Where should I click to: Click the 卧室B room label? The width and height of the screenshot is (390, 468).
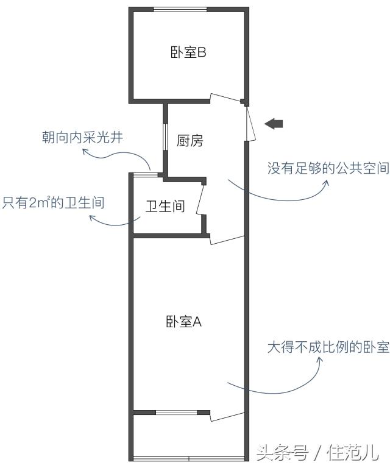(x=188, y=52)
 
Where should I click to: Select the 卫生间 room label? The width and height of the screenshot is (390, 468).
(x=165, y=206)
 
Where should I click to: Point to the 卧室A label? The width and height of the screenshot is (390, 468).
(x=183, y=322)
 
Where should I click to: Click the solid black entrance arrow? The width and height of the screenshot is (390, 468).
(x=274, y=124)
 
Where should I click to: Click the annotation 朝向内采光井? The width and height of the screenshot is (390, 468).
(x=82, y=138)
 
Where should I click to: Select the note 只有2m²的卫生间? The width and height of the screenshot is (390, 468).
(x=53, y=202)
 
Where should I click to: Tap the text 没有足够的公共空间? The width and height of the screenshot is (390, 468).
(x=328, y=168)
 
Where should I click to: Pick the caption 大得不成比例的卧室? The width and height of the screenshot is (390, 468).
(x=328, y=348)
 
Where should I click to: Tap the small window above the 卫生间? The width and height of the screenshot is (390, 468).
(x=142, y=175)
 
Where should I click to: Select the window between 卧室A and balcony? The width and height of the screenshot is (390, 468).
(x=176, y=413)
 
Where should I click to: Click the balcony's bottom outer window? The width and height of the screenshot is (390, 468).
(x=189, y=458)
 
